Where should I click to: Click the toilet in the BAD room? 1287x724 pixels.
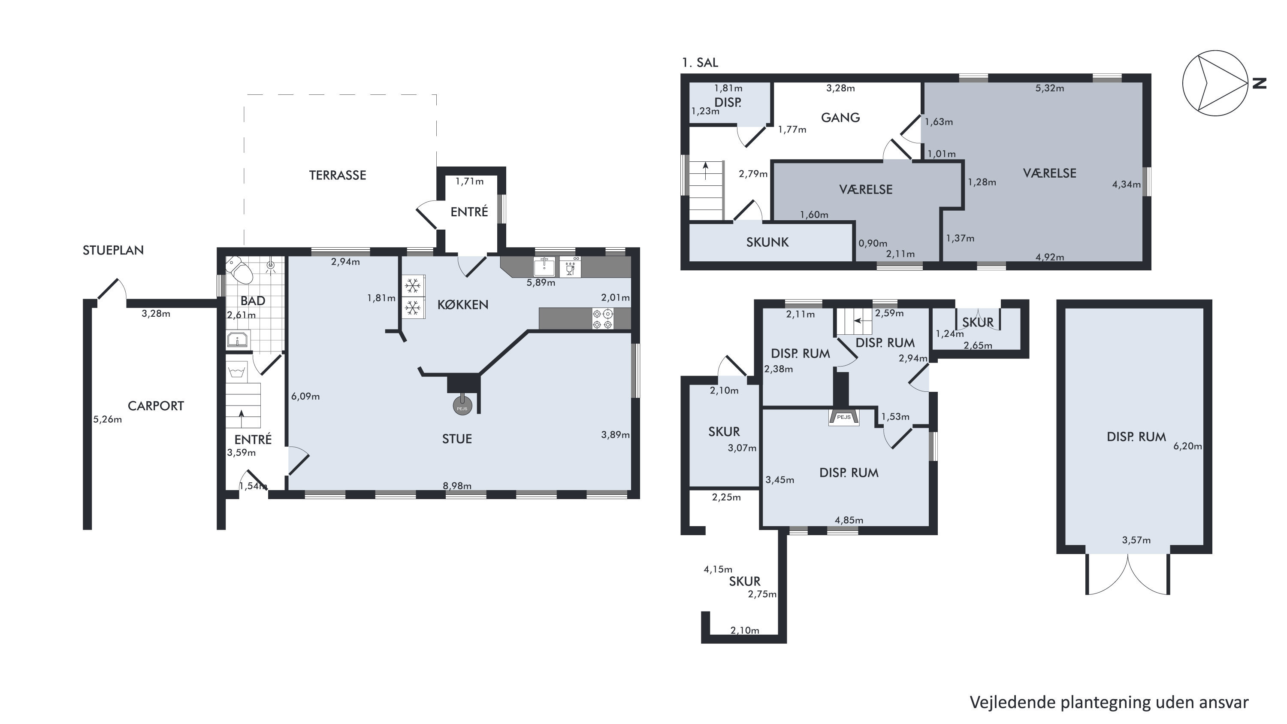[x=240, y=270]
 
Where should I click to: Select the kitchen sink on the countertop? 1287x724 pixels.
[x=544, y=267]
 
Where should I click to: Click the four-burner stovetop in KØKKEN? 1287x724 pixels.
[x=603, y=319]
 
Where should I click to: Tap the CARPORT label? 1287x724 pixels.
[x=156, y=406]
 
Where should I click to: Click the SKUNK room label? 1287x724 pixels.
[x=767, y=242]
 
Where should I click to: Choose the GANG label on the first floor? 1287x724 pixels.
[x=840, y=118]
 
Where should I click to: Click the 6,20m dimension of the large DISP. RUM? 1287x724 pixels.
[x=1187, y=446]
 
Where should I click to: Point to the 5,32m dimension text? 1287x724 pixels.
[x=1050, y=88]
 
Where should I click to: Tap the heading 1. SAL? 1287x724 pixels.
[x=700, y=63]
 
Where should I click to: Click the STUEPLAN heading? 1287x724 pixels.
[x=113, y=250]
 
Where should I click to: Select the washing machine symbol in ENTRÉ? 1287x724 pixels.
[x=237, y=372]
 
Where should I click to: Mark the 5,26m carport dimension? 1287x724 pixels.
[x=107, y=420]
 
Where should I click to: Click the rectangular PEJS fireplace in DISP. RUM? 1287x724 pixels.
[x=844, y=417]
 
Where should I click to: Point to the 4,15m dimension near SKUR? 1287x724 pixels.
[x=718, y=569]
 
